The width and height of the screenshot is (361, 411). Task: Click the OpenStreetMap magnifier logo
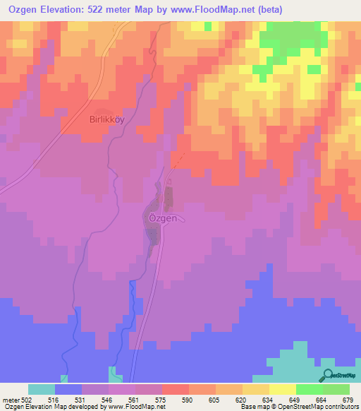tap(328, 375)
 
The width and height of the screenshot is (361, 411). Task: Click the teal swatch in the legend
tap(42, 389)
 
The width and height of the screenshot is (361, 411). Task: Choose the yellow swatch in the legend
tap(282, 389)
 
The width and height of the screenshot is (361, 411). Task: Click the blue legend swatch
tap(68, 389)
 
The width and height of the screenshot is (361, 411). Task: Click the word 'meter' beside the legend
tap(10, 400)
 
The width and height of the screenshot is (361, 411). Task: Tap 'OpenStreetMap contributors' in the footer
tap(322, 407)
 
